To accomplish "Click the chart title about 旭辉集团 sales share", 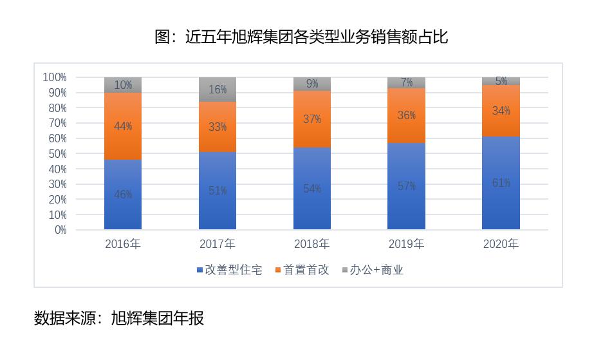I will pos(301,37).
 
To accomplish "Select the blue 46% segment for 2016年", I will pos(123,194).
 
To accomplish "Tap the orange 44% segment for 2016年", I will pos(123,126).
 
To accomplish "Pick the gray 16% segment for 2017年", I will pos(218,90).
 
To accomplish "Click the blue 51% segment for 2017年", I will pos(218,191).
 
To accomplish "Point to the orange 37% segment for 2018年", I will pos(312,119).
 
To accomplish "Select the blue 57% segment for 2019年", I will pos(407,186).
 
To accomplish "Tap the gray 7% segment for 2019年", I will pos(407,82).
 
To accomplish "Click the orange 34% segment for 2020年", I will pos(501,111).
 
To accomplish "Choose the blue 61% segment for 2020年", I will pos(501,183).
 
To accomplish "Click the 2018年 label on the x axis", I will pos(312,244).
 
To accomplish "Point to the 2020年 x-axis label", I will pos(501,244).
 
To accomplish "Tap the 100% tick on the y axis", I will pos(55,77).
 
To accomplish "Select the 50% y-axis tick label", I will pos(57,153).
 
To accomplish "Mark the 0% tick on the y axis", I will pos(60,230).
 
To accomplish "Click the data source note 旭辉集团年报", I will pos(119,318).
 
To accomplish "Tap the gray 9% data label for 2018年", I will pos(312,84).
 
